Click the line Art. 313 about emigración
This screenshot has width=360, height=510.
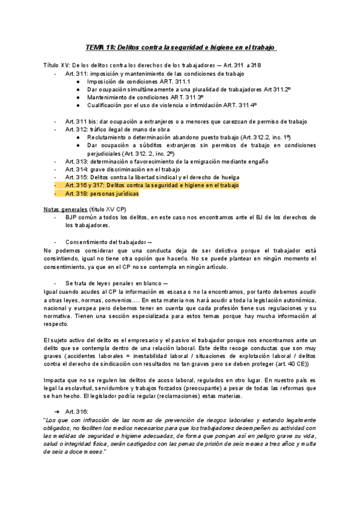157,162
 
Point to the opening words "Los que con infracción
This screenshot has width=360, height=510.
78,402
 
